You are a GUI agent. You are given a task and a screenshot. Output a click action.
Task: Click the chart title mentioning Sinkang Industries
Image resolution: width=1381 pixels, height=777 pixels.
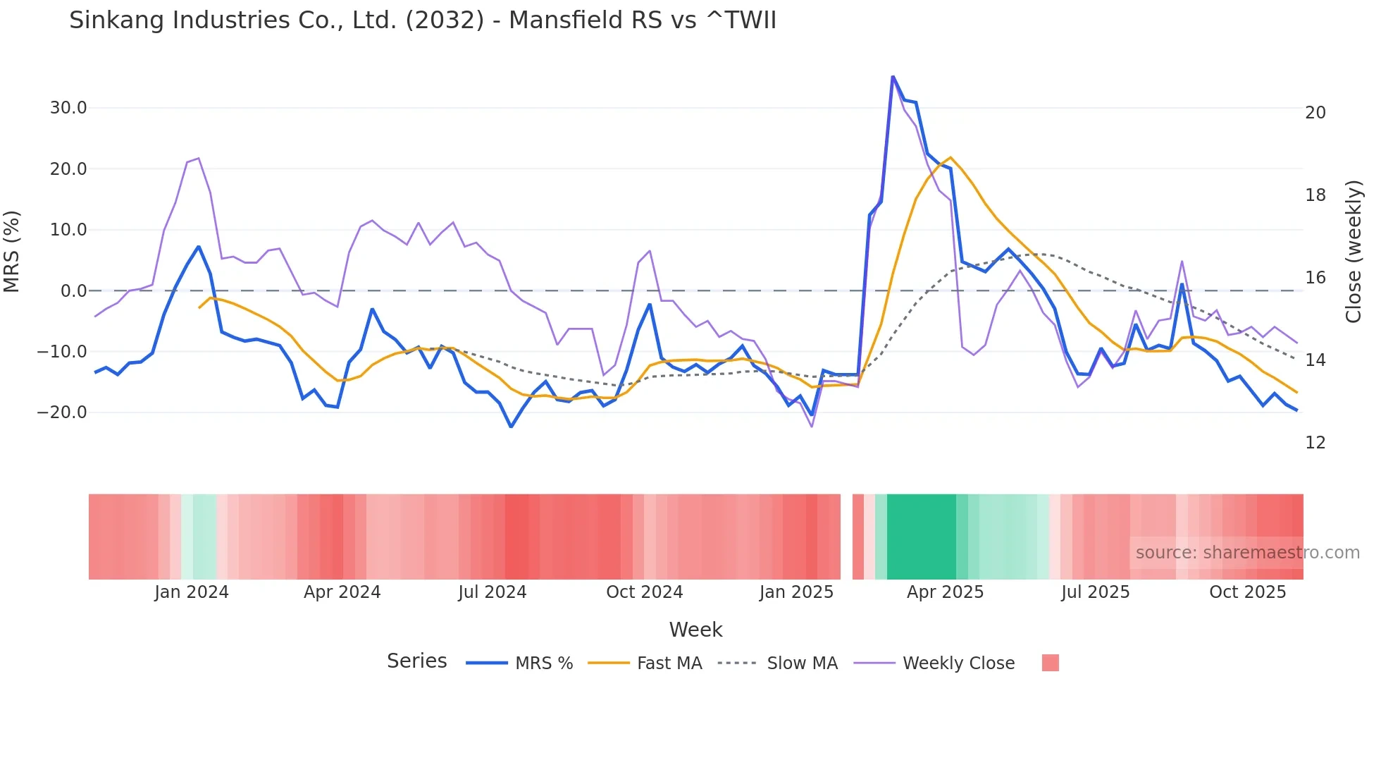click(423, 20)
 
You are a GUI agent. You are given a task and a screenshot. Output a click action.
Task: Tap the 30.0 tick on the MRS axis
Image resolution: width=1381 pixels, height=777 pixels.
click(68, 108)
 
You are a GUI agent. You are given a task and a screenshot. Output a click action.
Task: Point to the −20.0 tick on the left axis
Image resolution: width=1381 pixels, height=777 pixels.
click(62, 412)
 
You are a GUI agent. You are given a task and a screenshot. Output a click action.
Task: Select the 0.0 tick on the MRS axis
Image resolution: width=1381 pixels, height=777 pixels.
click(73, 290)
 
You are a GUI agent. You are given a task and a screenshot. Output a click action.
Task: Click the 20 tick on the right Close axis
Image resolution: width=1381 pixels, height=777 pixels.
click(1315, 113)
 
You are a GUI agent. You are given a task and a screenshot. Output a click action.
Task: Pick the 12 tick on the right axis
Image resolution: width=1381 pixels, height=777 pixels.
click(1315, 443)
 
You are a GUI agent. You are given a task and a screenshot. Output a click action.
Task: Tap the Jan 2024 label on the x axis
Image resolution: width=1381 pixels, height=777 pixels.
click(192, 592)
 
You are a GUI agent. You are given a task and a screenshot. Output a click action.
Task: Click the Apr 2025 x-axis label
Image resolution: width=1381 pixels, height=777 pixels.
click(945, 592)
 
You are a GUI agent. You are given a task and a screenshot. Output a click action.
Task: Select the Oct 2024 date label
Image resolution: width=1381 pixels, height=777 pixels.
click(644, 592)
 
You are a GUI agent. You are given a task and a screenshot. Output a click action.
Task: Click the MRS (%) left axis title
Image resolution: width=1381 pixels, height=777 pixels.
click(12, 251)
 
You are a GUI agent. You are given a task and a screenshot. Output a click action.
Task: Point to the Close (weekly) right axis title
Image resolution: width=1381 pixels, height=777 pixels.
click(1354, 251)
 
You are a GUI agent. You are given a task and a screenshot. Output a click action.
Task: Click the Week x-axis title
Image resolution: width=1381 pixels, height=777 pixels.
click(695, 630)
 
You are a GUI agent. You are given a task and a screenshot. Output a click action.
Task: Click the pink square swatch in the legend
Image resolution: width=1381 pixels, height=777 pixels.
click(1050, 663)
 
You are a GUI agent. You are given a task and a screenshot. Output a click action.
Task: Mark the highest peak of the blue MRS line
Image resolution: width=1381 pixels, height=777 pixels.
click(893, 77)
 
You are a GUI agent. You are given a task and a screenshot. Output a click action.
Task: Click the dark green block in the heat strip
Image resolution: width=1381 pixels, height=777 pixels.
click(921, 537)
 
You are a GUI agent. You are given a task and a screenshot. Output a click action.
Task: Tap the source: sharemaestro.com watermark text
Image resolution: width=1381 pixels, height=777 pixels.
click(1247, 553)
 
